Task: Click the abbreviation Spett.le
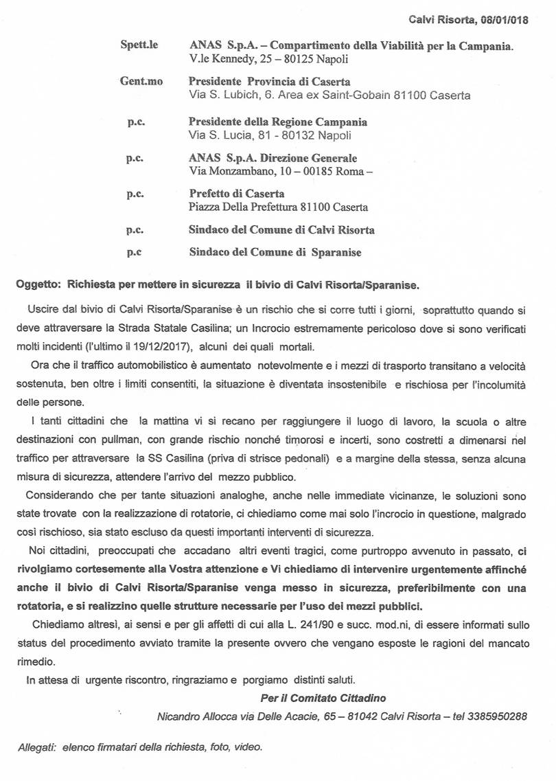(x=139, y=45)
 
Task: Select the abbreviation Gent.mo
(x=141, y=82)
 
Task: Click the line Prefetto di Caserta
(x=236, y=194)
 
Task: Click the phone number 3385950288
(x=497, y=716)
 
